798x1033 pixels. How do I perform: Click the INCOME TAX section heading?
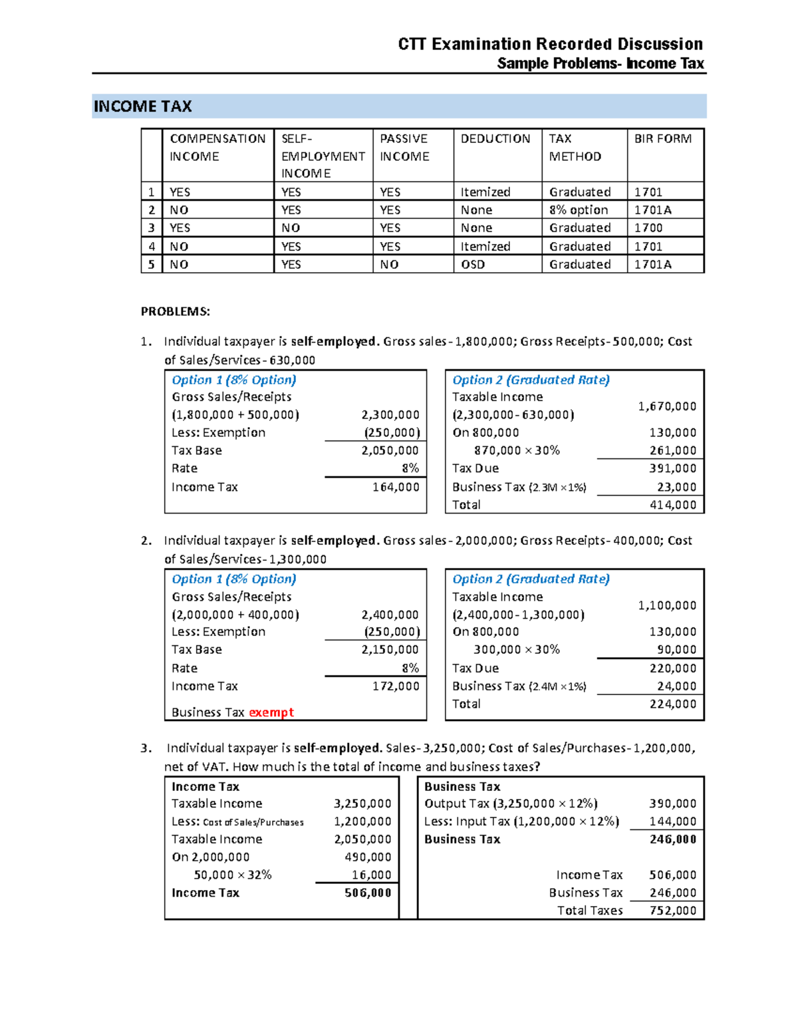point(143,106)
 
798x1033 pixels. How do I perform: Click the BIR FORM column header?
point(662,138)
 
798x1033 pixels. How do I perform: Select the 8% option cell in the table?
point(578,210)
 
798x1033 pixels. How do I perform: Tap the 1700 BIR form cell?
point(648,228)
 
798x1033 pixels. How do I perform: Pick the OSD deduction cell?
point(473,265)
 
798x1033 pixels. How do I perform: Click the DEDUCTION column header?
point(495,138)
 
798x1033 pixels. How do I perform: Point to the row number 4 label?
point(152,247)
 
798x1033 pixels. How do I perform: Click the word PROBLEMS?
point(175,311)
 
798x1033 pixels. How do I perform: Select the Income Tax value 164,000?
point(396,487)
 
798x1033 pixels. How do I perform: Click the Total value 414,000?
point(673,505)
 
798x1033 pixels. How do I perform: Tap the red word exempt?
point(271,712)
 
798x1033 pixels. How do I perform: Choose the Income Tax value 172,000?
point(396,686)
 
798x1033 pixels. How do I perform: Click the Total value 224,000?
point(673,704)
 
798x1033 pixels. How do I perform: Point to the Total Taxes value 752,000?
point(673,911)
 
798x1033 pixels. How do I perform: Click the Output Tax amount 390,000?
point(673,804)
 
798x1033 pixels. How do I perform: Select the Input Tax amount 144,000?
point(673,821)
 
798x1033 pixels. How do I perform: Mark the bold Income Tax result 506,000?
point(368,893)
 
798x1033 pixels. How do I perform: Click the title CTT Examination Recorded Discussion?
point(550,44)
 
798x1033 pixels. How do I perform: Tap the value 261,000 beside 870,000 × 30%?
point(673,450)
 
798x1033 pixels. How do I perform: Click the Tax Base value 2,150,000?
point(390,649)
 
